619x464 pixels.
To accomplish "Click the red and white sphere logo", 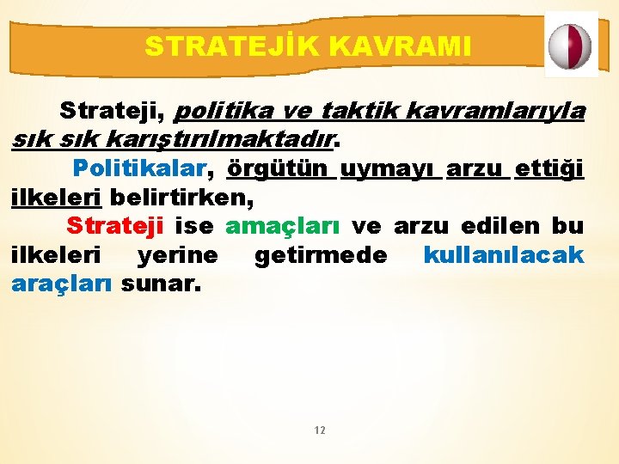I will tap(571, 45).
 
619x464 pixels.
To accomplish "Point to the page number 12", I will tap(320, 430).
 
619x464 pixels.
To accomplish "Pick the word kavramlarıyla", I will tap(499, 112).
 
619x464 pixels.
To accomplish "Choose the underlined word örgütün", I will tap(277, 168).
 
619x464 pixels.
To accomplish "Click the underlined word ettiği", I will tap(549, 168).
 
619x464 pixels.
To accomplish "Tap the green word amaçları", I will tap(282, 226).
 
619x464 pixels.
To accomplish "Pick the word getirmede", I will tap(321, 255).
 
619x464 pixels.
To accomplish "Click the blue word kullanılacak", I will tap(504, 255).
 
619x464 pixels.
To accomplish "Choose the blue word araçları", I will tap(62, 284).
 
